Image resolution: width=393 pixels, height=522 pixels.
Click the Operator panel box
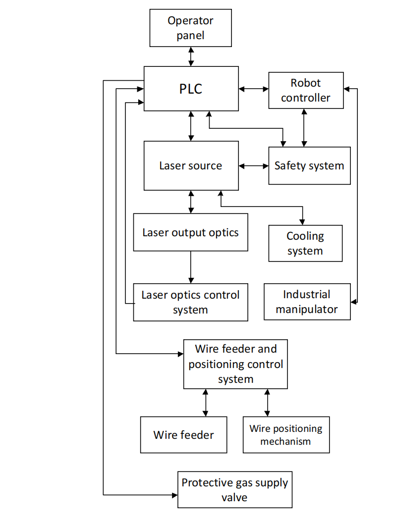(x=191, y=28)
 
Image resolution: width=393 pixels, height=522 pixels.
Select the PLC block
(x=191, y=89)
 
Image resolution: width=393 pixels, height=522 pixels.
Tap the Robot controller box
(x=305, y=90)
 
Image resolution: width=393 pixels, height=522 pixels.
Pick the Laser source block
(x=191, y=165)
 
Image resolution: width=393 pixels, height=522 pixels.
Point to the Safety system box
(x=309, y=165)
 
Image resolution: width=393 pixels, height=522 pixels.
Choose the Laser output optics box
(x=190, y=232)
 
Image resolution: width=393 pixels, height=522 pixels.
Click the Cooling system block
(x=305, y=243)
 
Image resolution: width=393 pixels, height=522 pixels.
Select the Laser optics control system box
(x=190, y=302)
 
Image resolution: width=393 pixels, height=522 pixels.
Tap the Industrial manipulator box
(x=307, y=302)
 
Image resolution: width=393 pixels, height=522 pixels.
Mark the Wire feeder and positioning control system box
(x=235, y=364)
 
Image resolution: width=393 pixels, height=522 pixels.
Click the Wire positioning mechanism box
(x=286, y=434)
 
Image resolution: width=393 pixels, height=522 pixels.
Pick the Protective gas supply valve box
(x=234, y=489)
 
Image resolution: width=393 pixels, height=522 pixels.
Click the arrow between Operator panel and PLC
(x=191, y=56)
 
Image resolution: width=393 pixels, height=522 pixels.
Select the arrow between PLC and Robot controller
(x=253, y=89)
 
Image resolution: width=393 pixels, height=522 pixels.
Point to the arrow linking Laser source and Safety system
(x=253, y=165)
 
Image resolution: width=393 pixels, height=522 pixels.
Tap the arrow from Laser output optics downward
(x=190, y=267)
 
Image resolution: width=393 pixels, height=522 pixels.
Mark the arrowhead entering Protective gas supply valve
(x=174, y=494)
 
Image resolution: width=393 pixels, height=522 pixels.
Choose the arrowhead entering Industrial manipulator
(x=353, y=301)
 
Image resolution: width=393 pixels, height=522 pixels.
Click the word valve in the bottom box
(x=234, y=497)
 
